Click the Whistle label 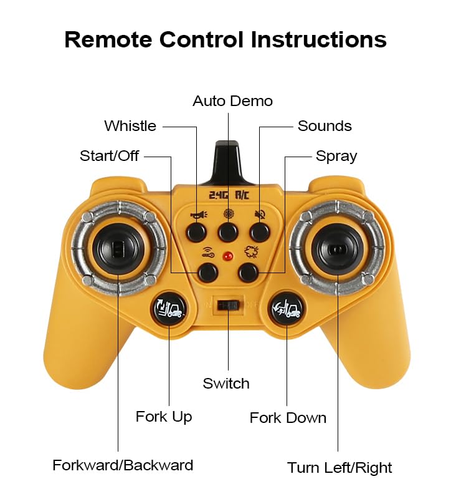[x=130, y=126]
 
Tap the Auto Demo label [x=232, y=100]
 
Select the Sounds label [x=325, y=126]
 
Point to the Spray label [x=336, y=156]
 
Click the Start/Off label [x=109, y=156]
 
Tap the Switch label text [x=226, y=384]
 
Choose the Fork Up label [x=164, y=416]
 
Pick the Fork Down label [x=288, y=417]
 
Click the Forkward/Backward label [x=123, y=465]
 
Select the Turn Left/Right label [x=339, y=467]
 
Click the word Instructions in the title [x=318, y=40]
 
